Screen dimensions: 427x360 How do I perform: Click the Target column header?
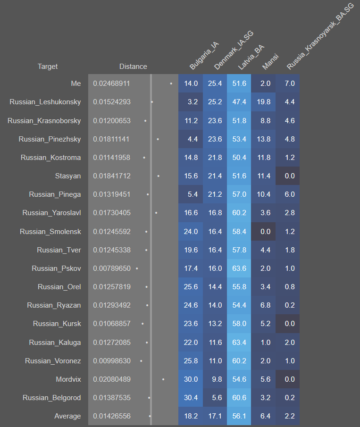(x=48, y=67)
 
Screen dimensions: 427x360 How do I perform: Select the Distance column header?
(x=133, y=67)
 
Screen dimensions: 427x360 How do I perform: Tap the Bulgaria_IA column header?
(x=204, y=56)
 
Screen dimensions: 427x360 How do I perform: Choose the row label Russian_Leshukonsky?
(x=45, y=102)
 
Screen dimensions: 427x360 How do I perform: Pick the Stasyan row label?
(x=68, y=176)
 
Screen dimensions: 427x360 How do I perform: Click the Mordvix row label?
(x=68, y=379)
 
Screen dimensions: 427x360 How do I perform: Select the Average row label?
(x=67, y=416)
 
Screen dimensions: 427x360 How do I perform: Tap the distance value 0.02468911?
(x=111, y=84)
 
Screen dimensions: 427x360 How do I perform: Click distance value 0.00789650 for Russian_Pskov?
(x=111, y=268)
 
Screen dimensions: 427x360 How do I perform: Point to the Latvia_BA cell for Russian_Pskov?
(x=239, y=268)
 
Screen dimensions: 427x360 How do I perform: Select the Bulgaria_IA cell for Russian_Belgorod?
(x=191, y=398)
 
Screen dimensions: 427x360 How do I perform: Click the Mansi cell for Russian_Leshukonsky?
(x=264, y=102)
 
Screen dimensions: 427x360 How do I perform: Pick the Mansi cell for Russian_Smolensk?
(x=264, y=232)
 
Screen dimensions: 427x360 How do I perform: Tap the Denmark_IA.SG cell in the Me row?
(x=215, y=84)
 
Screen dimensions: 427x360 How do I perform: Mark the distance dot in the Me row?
(x=171, y=84)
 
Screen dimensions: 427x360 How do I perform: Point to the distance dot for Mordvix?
(x=163, y=379)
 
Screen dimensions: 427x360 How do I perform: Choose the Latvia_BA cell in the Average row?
(x=239, y=416)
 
